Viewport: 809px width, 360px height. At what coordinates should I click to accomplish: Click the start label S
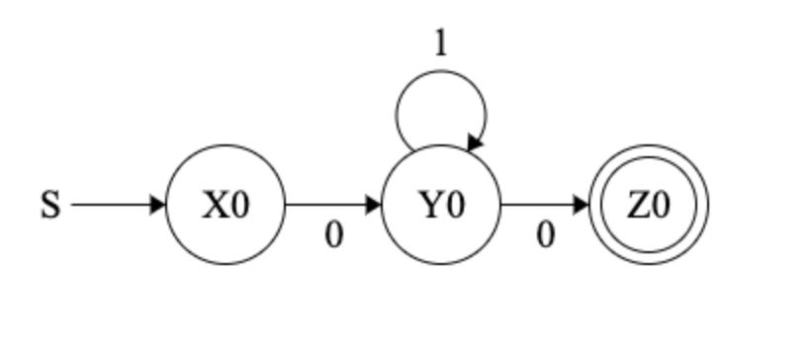pos(50,207)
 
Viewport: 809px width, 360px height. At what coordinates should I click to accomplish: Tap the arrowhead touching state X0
pos(158,206)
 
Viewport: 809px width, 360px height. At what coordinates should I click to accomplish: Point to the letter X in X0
pos(216,206)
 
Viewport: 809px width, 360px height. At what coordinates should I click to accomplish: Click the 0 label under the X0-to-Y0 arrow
pos(334,236)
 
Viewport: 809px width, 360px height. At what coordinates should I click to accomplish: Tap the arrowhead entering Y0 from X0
pos(374,206)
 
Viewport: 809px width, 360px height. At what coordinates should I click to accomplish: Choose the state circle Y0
pos(440,237)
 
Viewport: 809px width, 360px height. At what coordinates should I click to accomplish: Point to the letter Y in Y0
pos(428,206)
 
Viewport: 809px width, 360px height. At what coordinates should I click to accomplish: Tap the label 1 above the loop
pos(440,45)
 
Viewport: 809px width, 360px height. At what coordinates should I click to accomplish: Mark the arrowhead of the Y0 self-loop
pos(475,145)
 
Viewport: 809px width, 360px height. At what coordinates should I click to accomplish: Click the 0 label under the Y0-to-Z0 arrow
pos(545,236)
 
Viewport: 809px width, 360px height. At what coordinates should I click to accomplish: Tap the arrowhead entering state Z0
pos(582,206)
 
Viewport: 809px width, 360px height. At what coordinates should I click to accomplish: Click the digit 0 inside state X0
pos(238,206)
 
